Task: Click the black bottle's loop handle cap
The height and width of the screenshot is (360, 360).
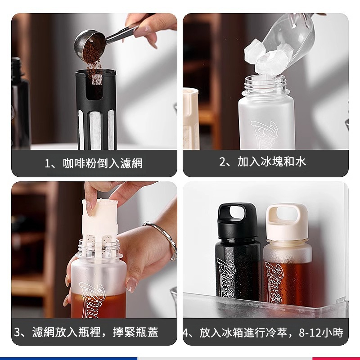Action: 236,216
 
